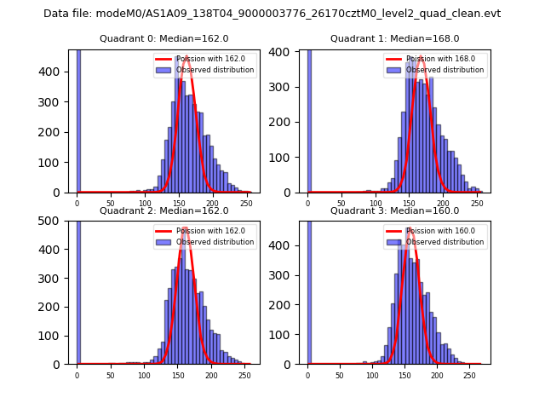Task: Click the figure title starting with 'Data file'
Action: tap(272, 14)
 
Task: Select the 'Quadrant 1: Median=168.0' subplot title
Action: tap(394, 38)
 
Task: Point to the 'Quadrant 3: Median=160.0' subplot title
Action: tap(394, 210)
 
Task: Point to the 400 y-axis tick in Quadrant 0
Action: tap(54, 72)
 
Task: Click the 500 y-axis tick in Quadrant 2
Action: tap(54, 221)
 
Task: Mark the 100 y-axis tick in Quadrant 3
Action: tap(285, 335)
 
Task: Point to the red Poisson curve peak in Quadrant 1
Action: tap(421, 58)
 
